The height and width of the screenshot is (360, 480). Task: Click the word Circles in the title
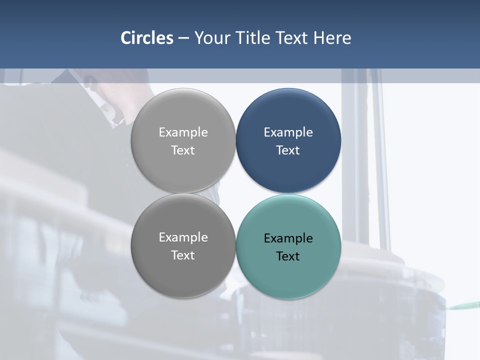click(147, 38)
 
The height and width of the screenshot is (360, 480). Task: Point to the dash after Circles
click(183, 38)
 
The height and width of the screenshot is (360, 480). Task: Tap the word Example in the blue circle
click(288, 132)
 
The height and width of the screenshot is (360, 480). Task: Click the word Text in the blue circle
click(288, 150)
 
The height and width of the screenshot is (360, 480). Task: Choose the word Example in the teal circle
click(288, 238)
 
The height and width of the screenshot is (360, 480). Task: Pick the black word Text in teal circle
click(288, 256)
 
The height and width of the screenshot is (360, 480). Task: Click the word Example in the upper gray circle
click(183, 132)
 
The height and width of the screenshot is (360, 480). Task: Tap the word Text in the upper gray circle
click(183, 150)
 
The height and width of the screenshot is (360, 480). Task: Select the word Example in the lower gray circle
click(183, 237)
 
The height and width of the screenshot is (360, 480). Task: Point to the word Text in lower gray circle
click(183, 255)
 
